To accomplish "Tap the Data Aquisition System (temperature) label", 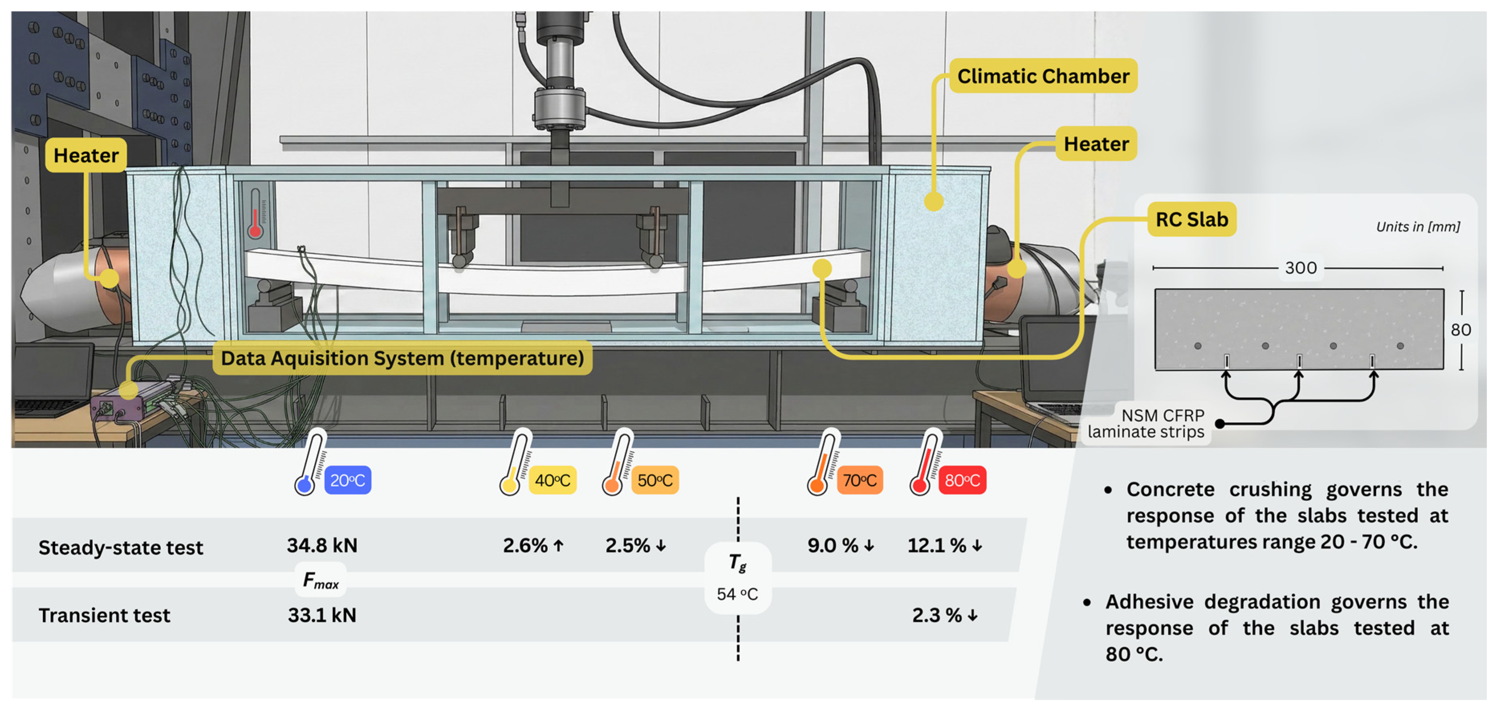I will pos(402,358).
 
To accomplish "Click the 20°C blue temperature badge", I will pos(347,480).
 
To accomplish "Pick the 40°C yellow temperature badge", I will pos(552,480).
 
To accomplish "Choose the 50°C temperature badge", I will pos(655,480).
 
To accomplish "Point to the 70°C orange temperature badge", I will pos(859,480).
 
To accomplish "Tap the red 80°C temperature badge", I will pos(962,480).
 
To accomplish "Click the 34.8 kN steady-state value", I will pos(322,545).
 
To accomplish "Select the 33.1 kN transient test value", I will pos(322,615).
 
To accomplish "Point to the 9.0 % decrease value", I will pos(840,545).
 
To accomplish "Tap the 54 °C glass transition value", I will pos(737,594).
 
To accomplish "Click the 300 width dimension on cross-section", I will pos(1300,268).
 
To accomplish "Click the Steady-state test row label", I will pos(121,548).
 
